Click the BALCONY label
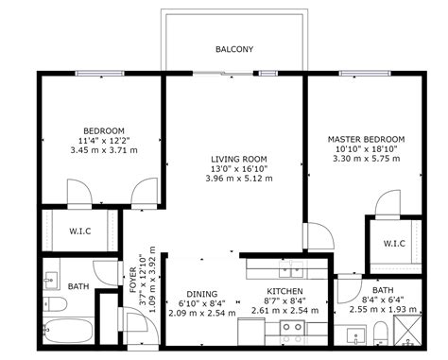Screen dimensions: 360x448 (x=234, y=49)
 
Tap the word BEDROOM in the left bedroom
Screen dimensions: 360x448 (x=104, y=129)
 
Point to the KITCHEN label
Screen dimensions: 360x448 (x=284, y=292)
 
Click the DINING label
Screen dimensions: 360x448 (x=201, y=294)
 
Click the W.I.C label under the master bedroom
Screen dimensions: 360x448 (x=394, y=244)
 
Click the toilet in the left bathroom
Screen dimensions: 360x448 (x=55, y=305)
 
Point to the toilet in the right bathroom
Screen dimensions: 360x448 (x=380, y=332)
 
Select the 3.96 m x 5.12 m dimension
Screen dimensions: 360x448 (x=238, y=179)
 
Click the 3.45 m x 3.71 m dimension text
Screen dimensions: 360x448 (x=105, y=150)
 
